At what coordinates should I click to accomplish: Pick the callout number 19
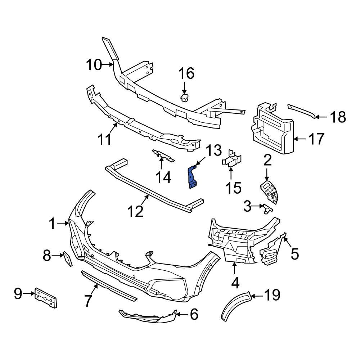coord(272,295)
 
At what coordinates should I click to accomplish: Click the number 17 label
coord(317,139)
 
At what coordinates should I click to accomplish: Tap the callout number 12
coord(136,211)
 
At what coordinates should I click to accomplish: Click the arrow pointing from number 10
coord(108,65)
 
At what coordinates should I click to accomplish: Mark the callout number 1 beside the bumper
coord(53,224)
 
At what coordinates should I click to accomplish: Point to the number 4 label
coord(235,283)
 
